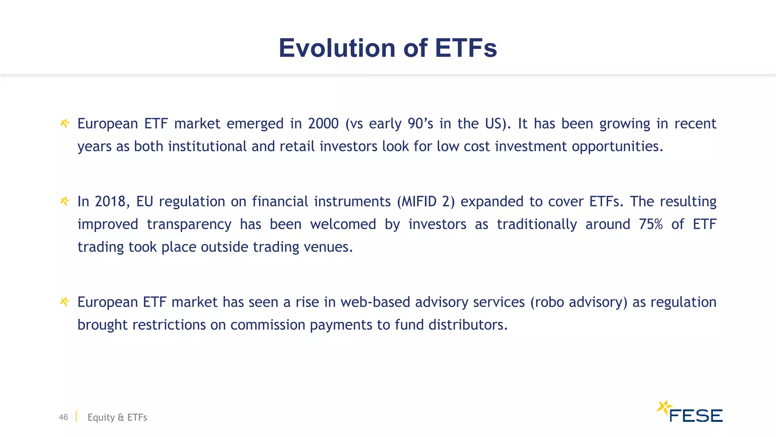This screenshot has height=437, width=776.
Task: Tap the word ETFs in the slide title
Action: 466,48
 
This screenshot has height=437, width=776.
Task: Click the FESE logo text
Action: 696,416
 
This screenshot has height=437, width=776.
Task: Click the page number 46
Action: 63,417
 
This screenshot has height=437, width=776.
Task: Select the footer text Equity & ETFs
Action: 117,417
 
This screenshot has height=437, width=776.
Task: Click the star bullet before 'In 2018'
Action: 65,201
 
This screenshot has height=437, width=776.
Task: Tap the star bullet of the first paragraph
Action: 65,123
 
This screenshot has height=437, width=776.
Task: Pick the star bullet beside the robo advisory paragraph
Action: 65,302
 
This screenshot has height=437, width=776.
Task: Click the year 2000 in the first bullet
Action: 323,124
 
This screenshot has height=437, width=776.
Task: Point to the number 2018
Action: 110,201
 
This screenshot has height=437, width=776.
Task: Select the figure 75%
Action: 651,224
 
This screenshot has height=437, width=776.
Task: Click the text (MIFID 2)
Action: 426,201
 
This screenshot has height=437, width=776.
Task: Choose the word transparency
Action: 189,224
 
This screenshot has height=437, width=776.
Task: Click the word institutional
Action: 207,146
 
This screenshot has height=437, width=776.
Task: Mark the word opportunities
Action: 617,146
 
